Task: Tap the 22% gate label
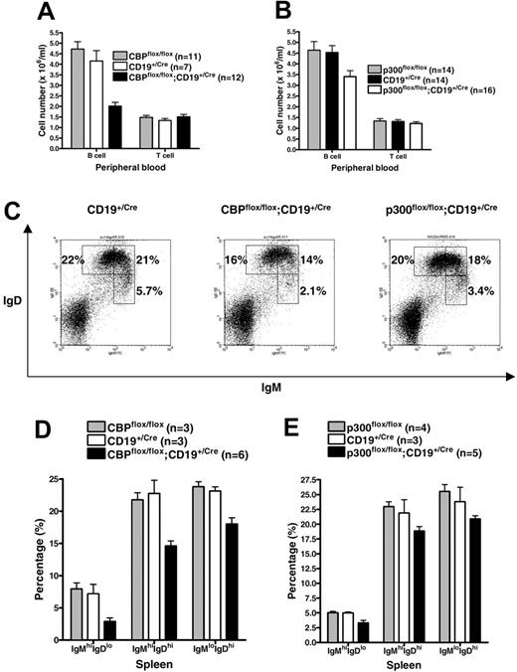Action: point(72,259)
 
